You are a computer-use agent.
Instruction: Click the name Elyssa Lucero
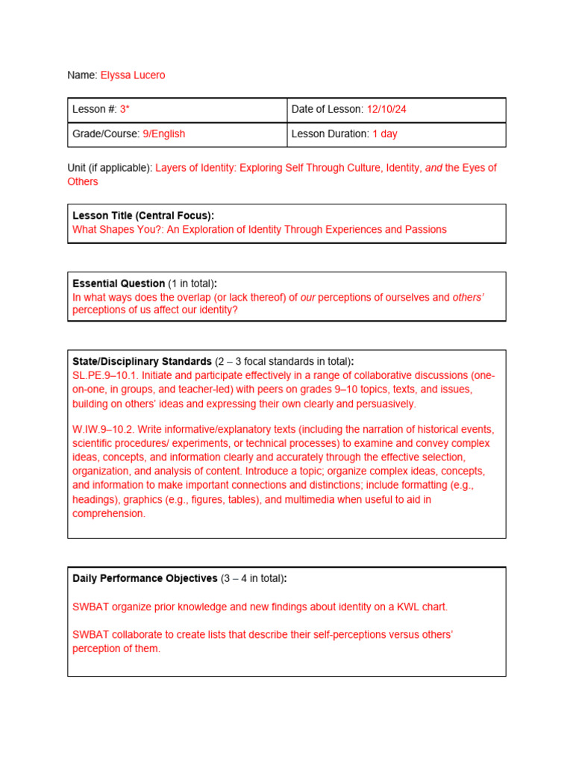(137, 75)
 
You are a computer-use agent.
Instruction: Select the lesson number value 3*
(125, 110)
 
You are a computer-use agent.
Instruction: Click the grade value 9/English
(163, 134)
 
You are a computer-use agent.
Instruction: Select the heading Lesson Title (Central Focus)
(143, 216)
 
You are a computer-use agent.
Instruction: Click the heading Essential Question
(119, 284)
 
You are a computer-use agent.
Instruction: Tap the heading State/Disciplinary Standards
(142, 362)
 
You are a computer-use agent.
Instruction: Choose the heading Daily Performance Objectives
(145, 578)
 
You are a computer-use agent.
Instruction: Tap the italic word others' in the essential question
(468, 297)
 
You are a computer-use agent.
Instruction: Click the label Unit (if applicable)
(110, 168)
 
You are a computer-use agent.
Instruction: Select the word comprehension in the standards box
(108, 513)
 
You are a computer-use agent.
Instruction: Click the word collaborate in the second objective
(132, 635)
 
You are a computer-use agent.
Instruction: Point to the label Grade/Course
(105, 134)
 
